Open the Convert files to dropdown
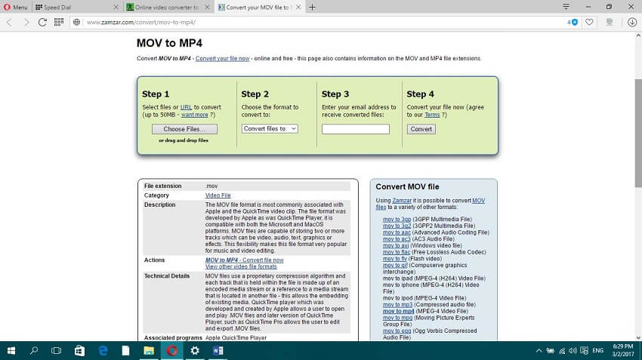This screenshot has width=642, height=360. tap(270, 129)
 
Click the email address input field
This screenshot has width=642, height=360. tap(355, 129)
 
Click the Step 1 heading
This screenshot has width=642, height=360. tap(156, 94)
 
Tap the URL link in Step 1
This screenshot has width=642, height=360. tap(186, 107)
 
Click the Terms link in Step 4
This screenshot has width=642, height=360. tap(431, 115)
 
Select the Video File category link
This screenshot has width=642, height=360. tap(218, 195)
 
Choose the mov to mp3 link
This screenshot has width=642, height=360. tap(392, 304)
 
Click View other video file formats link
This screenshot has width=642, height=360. tap(241, 266)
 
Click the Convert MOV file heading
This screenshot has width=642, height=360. tap(407, 186)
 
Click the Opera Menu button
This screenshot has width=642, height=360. tap(15, 7)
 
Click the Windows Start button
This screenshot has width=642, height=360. tap(11, 351)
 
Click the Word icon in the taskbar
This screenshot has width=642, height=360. tap(218, 351)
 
